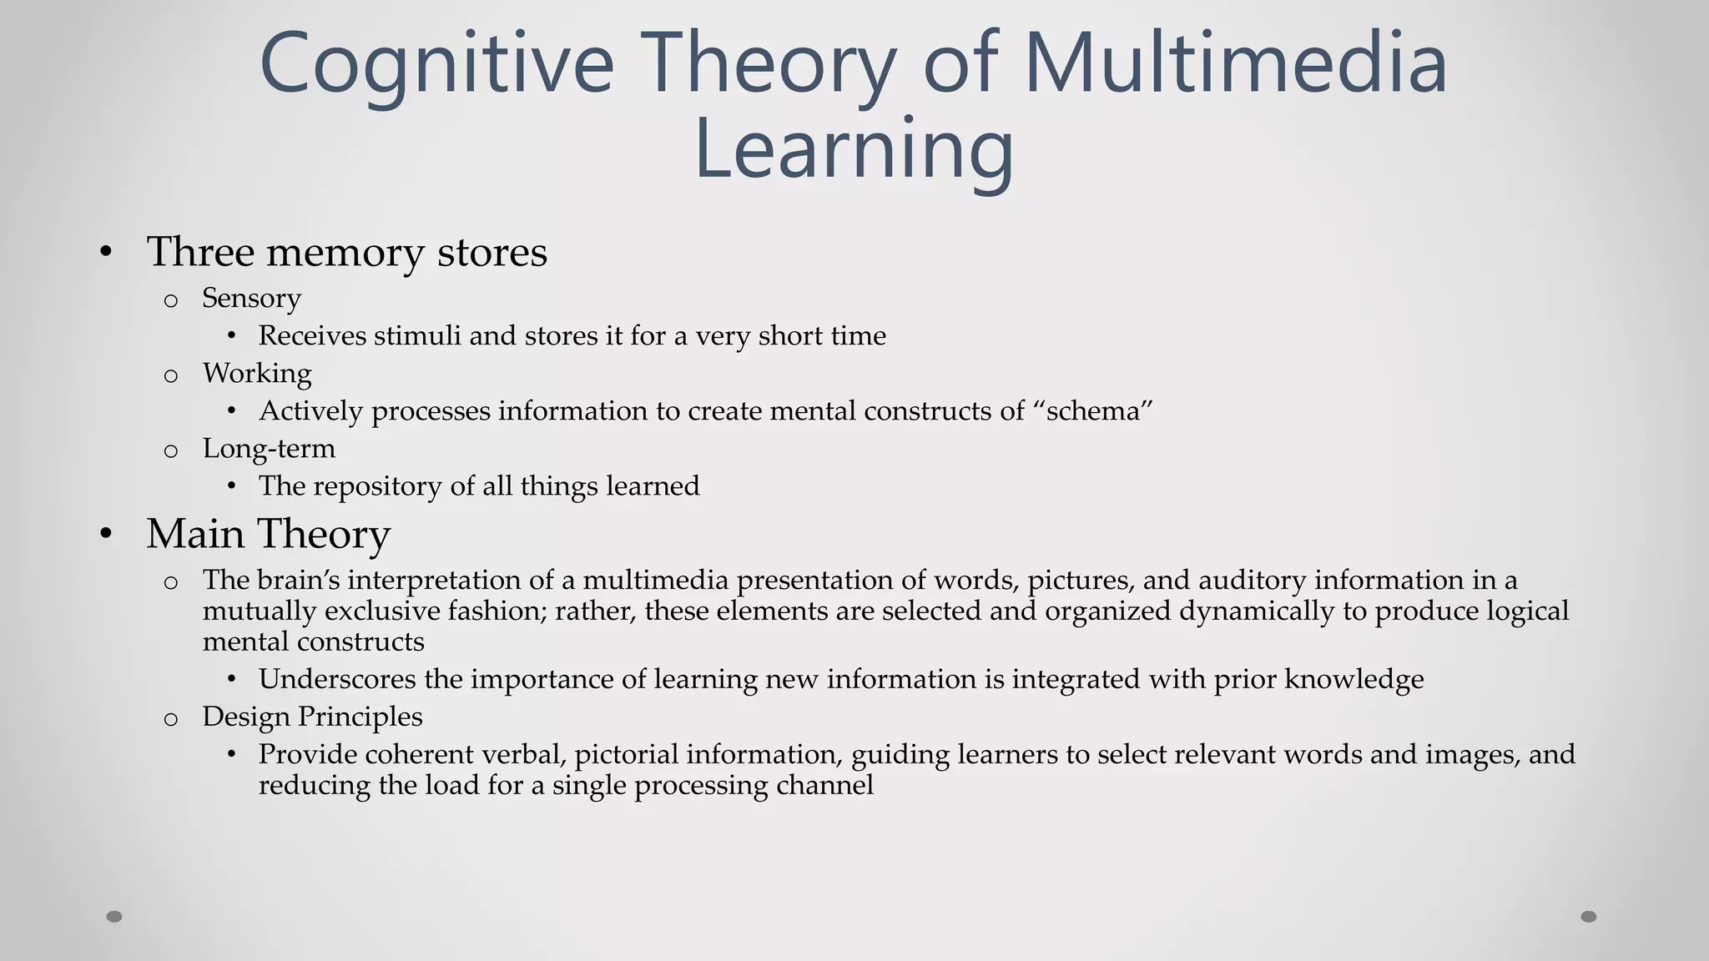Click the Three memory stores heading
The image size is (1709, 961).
346,252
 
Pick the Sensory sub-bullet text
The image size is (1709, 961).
251,299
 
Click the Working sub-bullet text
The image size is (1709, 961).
257,374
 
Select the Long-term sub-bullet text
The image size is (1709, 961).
269,449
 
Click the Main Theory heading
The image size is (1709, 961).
268,534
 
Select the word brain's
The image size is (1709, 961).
298,580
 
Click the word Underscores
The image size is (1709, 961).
337,679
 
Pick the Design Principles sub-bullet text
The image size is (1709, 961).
312,717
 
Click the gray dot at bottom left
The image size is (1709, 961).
114,917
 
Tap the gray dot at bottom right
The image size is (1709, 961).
1589,917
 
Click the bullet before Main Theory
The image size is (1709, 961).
105,534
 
